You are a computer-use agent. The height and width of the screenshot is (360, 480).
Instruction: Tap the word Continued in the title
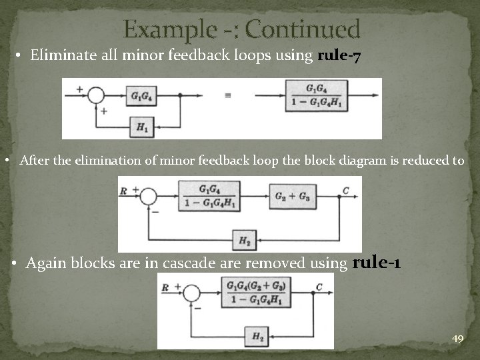tap(307, 30)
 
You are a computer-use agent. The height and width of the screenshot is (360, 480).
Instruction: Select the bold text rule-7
tap(340, 56)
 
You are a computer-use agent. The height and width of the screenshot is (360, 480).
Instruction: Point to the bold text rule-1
tap(376, 263)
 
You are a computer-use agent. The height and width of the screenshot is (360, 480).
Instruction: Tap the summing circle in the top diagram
tap(97, 95)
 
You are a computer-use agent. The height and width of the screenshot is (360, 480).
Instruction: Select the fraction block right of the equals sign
tap(311, 96)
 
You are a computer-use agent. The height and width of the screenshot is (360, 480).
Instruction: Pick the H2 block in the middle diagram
tap(244, 239)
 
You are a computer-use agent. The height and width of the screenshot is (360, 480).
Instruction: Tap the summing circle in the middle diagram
tap(148, 197)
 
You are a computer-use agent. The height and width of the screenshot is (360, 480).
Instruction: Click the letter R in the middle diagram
tap(123, 191)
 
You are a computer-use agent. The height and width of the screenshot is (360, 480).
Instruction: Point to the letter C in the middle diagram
tap(345, 191)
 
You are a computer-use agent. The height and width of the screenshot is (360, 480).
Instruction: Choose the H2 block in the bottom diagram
tap(257, 337)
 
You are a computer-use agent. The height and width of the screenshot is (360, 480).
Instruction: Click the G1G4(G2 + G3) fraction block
tap(256, 293)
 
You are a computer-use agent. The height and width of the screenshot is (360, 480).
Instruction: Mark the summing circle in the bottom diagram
tap(192, 293)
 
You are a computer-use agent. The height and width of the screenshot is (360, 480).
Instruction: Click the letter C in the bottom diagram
tap(319, 287)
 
